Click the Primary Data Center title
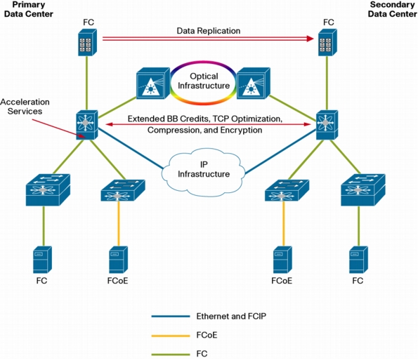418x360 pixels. click(x=29, y=9)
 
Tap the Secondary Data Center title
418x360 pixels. click(x=393, y=9)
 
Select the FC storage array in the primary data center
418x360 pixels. click(x=87, y=42)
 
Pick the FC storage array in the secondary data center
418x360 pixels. click(x=327, y=42)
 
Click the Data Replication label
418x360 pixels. click(x=209, y=31)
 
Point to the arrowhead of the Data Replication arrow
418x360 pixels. click(x=313, y=39)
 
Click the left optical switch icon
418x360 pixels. click(x=153, y=84)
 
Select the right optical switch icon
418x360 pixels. click(x=254, y=84)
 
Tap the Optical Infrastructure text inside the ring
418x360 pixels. click(x=204, y=81)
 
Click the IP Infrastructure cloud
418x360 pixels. click(x=203, y=172)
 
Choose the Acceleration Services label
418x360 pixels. click(x=25, y=107)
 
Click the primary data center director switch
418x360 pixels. click(x=87, y=125)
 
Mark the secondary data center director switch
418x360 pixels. click(x=327, y=125)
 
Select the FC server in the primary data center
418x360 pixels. click(x=42, y=260)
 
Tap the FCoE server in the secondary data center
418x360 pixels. click(x=282, y=260)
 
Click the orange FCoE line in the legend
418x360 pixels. click(x=171, y=335)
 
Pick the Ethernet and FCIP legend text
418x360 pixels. click(x=231, y=316)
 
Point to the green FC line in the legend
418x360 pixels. click(x=171, y=354)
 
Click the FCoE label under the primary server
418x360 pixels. click(x=117, y=281)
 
